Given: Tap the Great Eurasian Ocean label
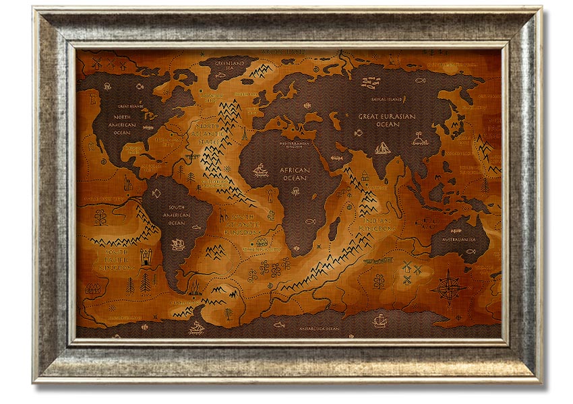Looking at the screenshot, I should pos(387,120).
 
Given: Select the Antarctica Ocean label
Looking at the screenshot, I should pos(317,329).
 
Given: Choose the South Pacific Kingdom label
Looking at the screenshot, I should pos(118,260).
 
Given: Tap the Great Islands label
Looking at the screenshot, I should pos(131,106).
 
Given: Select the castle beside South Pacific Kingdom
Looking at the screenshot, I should pos(146,256).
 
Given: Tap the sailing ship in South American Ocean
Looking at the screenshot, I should pos(179,244).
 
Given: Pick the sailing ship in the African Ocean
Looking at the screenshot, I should pos(261,170).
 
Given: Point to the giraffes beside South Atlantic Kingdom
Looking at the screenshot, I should pos(223,217).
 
